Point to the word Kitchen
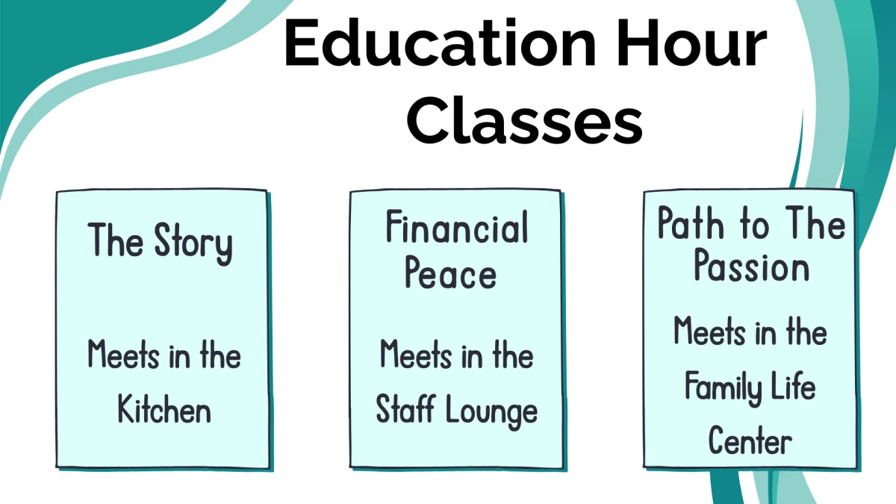tap(164, 410)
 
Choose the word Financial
tap(457, 228)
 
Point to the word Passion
tap(751, 267)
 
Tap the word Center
tap(750, 441)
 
